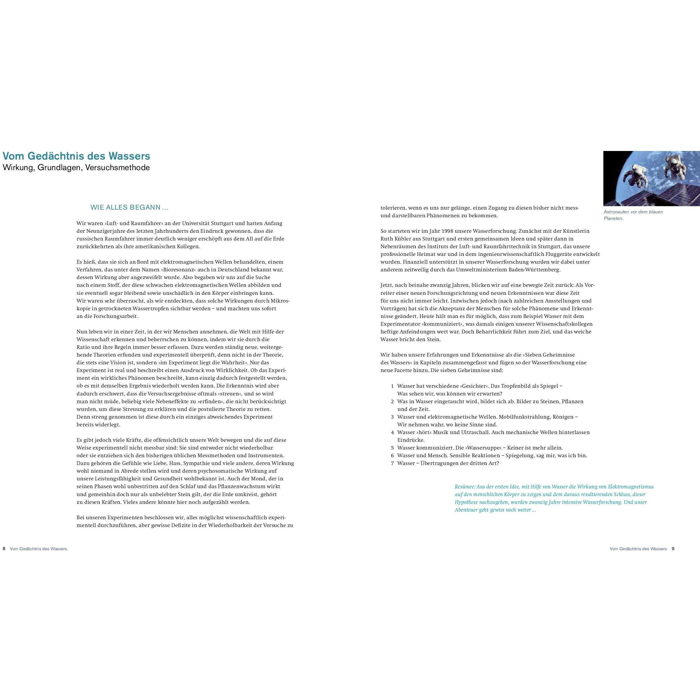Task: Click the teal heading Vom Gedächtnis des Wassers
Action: pos(76,156)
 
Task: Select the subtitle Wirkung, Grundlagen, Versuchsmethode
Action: pos(76,168)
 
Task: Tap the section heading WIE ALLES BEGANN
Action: pos(129,208)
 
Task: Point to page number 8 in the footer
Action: pos(4,549)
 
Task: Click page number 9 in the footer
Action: pos(673,549)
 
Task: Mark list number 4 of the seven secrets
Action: pos(392,432)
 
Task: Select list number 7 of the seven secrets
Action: pos(392,464)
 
